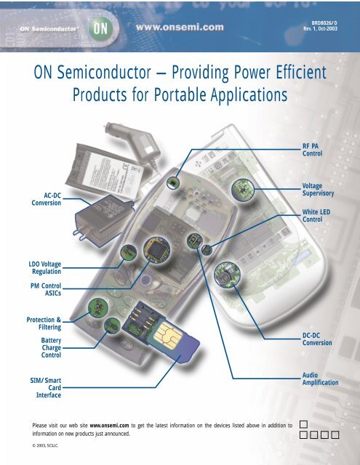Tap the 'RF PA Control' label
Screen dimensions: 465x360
[311, 150]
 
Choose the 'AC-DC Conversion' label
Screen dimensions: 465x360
[41, 199]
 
